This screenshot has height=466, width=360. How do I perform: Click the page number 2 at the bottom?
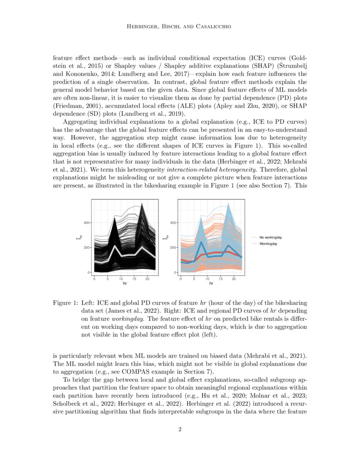180,430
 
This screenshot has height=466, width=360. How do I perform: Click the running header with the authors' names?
180,27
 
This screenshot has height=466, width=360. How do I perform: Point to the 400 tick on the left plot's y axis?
86,223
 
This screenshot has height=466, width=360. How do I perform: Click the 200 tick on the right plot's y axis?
172,247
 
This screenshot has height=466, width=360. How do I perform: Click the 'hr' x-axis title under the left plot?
125,284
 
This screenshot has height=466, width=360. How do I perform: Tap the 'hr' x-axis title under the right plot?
211,284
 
